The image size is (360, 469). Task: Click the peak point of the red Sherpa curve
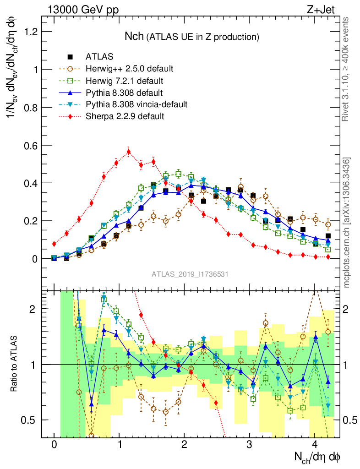click(x=129, y=152)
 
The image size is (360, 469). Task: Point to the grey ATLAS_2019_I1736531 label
click(x=190, y=274)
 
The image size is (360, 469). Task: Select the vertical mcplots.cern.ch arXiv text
click(x=347, y=223)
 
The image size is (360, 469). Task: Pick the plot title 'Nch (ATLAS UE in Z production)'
click(x=192, y=36)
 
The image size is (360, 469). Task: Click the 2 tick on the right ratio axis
click(x=350, y=309)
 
